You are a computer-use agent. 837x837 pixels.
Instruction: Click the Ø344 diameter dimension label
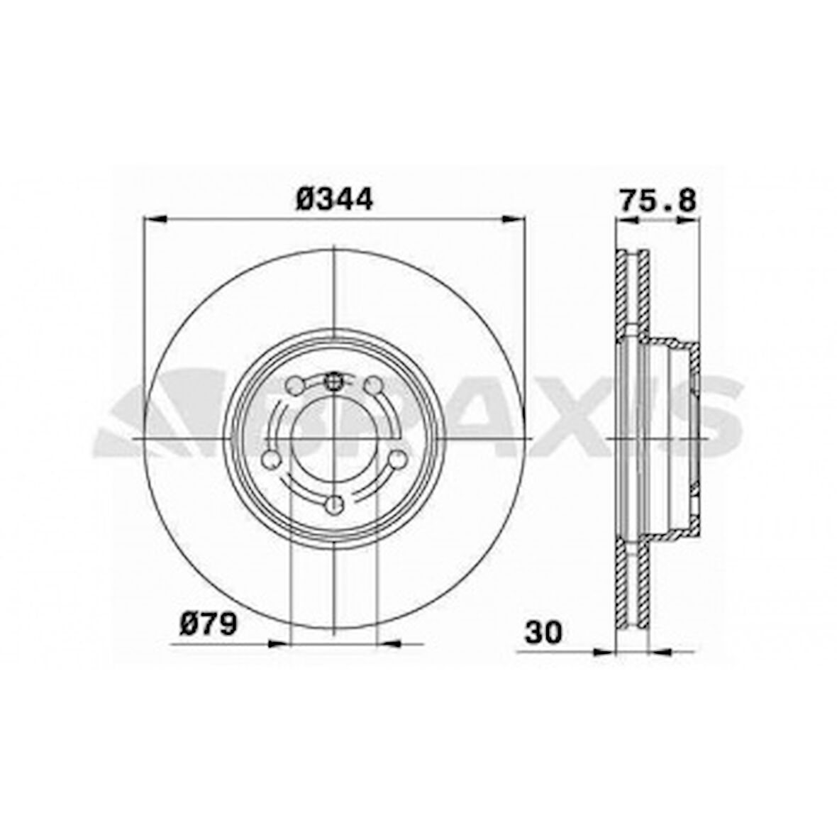coord(334,199)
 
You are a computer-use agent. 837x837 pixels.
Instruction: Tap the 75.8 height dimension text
coord(658,199)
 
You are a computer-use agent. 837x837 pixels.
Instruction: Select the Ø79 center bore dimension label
coord(209,625)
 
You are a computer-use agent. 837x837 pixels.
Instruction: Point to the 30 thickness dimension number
coord(544,632)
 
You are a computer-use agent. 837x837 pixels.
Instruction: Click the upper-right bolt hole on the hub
coord(373,385)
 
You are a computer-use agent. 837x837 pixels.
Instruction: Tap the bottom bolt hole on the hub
coord(333,504)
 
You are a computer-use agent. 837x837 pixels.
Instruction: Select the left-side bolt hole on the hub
coord(270,460)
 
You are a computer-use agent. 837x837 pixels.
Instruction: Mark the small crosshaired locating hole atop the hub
coord(333,383)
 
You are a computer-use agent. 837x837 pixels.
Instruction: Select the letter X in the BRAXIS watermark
coord(560,418)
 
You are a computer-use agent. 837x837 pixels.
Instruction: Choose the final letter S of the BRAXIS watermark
coord(709,418)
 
